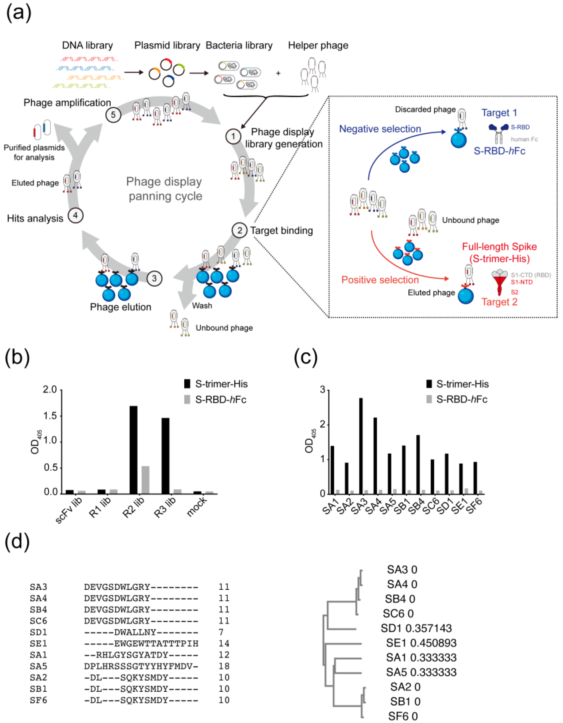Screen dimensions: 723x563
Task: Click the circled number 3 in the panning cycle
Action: click(x=154, y=278)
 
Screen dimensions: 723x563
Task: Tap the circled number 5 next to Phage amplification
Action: click(x=113, y=115)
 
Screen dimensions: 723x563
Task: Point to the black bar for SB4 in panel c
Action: click(x=418, y=464)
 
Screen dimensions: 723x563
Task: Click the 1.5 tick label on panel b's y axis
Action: click(x=50, y=416)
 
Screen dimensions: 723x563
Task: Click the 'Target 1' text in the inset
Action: click(x=499, y=113)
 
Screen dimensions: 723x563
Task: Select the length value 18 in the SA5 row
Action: click(x=224, y=666)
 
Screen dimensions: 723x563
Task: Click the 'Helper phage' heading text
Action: click(x=318, y=45)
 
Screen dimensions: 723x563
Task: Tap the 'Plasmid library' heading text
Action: click(x=167, y=45)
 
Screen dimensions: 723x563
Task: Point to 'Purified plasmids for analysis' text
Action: click(x=34, y=152)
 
